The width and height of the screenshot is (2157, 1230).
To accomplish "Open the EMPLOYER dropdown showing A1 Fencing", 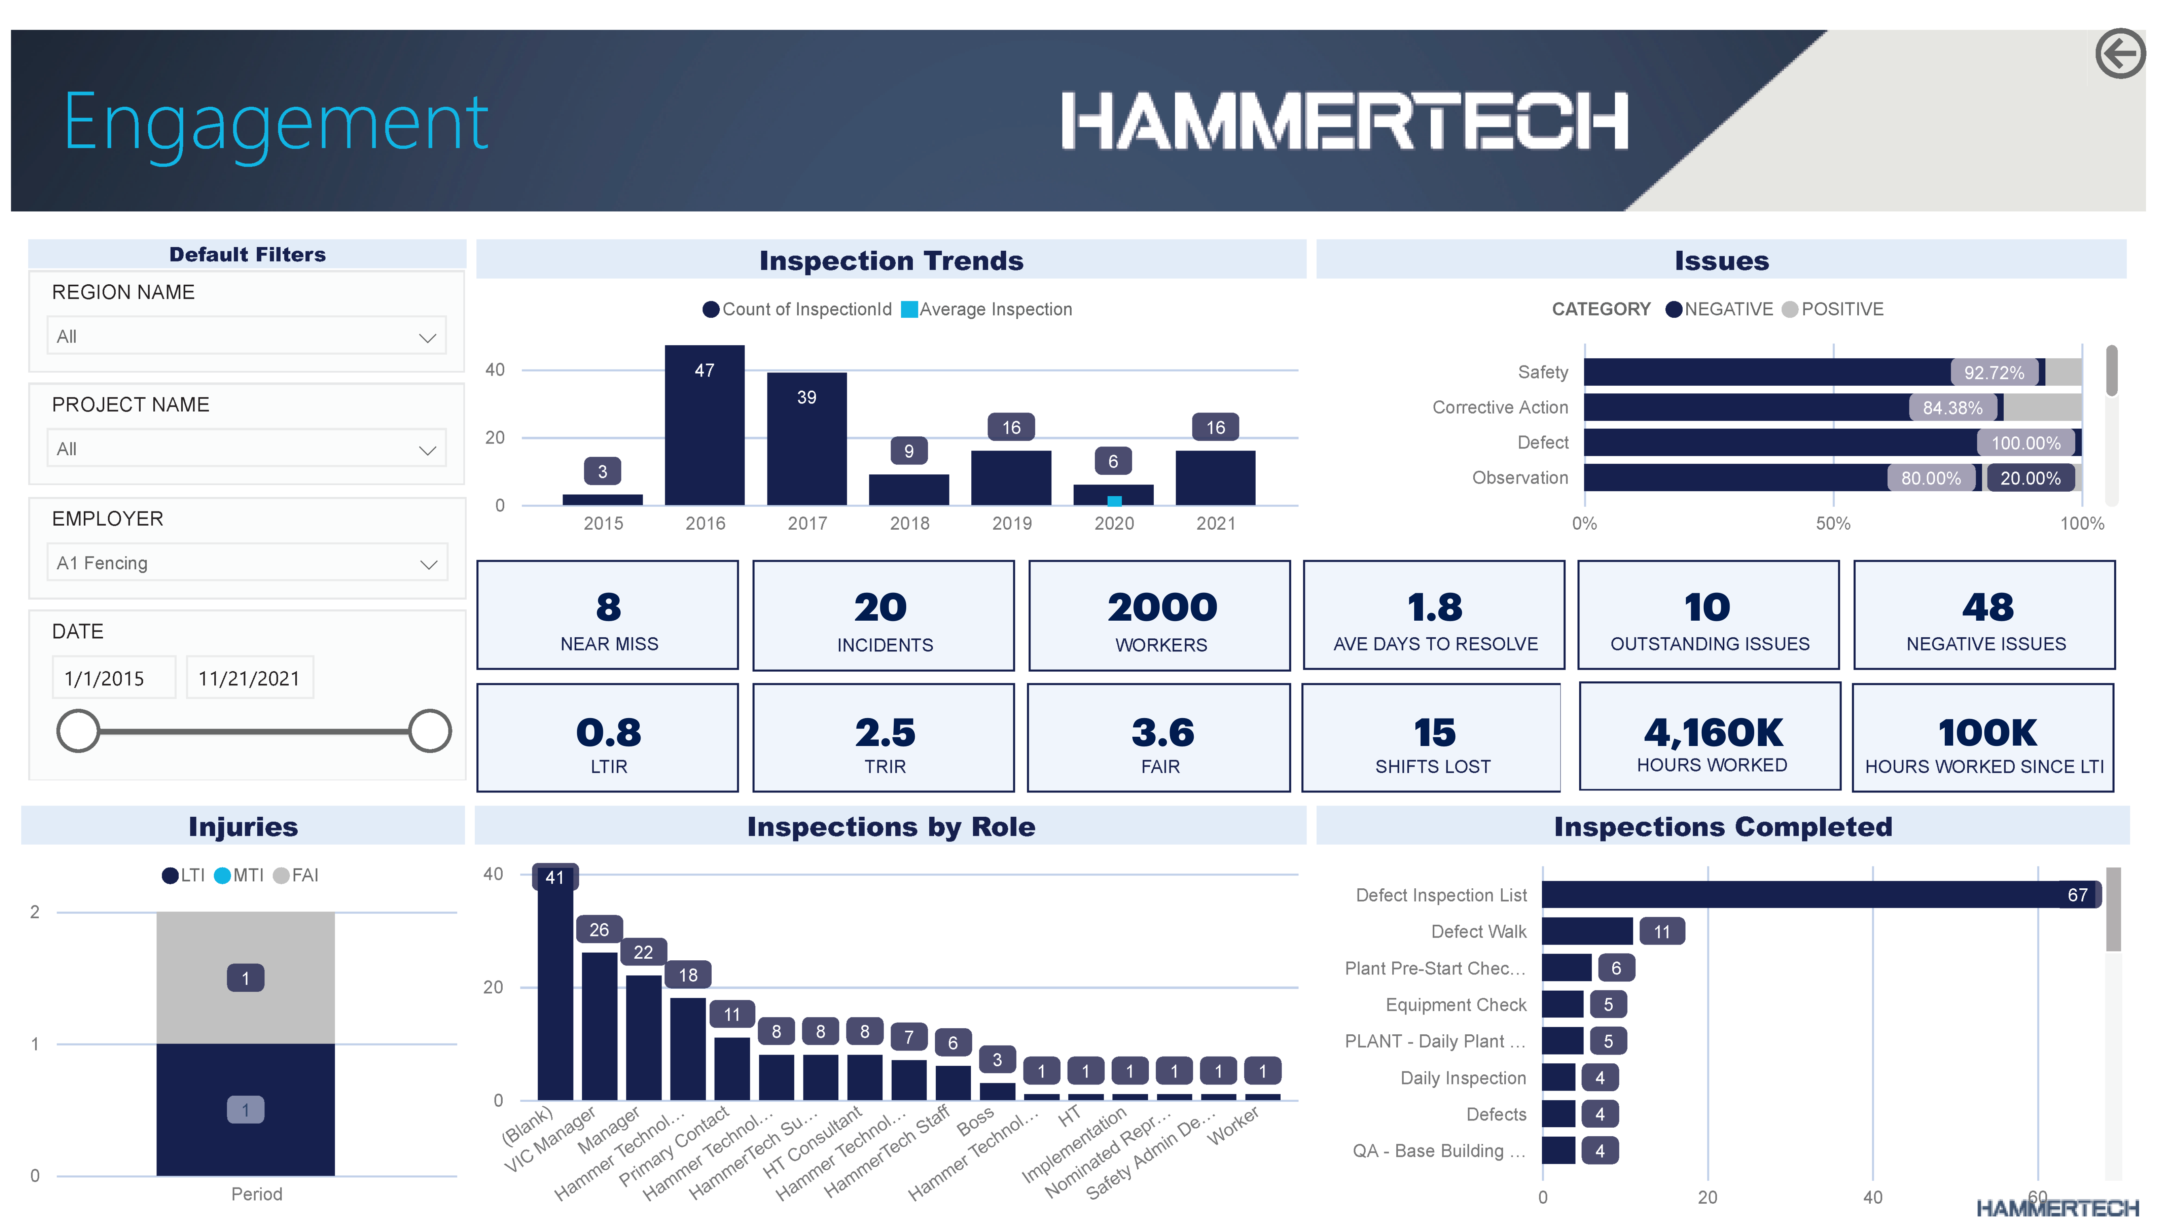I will [x=247, y=562].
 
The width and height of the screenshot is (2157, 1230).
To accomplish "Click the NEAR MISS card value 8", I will [x=608, y=607].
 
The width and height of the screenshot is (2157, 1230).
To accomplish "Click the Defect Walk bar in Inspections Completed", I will [x=1587, y=931].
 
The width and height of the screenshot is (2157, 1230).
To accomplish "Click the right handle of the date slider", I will [x=429, y=731].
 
